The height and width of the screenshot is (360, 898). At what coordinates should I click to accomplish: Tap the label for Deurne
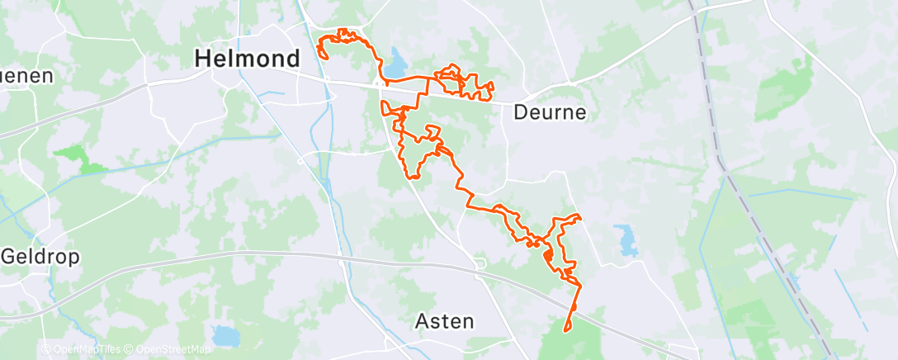point(550,112)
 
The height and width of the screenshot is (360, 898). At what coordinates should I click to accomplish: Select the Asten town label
point(445,320)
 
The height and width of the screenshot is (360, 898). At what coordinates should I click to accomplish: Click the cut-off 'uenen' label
point(26,76)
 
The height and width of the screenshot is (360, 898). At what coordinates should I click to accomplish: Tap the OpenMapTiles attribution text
point(86,349)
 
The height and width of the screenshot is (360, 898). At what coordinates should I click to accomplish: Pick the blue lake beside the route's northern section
point(398,61)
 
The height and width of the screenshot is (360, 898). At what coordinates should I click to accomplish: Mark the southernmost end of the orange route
point(566,331)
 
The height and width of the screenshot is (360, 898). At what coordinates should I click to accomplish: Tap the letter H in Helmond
point(202,59)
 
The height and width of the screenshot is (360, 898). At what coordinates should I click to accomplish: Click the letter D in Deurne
point(521,112)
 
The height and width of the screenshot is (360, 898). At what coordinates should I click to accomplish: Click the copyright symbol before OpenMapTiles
point(45,349)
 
